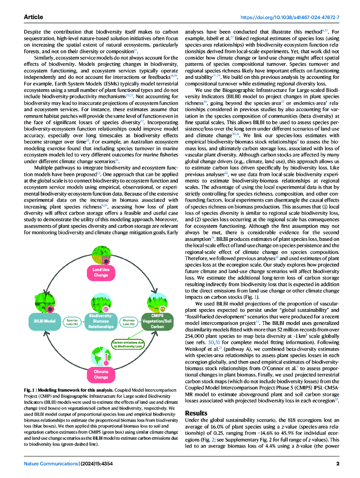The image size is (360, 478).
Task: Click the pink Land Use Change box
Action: pyautogui.click(x=101, y=273)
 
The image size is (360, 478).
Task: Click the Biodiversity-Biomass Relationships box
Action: pyautogui.click(x=101, y=321)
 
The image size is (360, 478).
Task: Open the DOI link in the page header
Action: pyautogui.click(x=289, y=17)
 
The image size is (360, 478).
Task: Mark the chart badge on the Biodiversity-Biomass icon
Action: pyautogui.click(x=106, y=309)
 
